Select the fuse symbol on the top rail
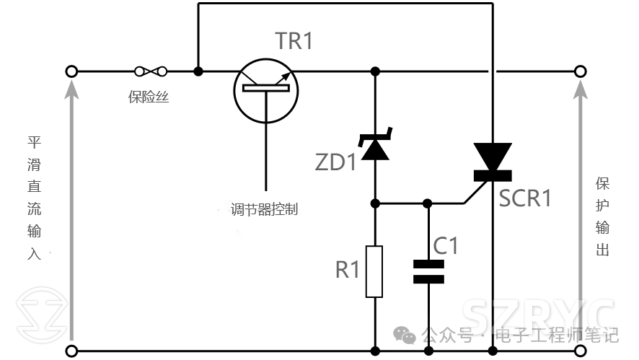point(151,71)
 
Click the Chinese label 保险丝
point(149,97)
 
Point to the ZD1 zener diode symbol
point(375,145)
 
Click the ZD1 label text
point(335,162)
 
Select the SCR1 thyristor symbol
point(493,162)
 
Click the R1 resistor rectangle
point(375,271)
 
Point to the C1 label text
point(445,246)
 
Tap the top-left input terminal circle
point(71,71)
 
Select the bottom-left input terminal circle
point(71,351)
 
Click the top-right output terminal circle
point(579,71)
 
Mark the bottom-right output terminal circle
point(579,351)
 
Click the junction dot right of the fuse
point(198,71)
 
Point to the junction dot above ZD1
point(375,71)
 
